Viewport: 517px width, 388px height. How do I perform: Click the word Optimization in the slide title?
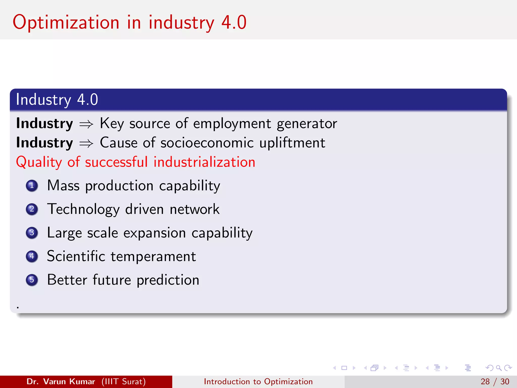(x=66, y=23)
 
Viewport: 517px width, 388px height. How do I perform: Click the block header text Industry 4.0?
(x=57, y=100)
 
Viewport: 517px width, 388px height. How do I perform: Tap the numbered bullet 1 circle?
(x=32, y=186)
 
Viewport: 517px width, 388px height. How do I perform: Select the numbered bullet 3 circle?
(x=32, y=233)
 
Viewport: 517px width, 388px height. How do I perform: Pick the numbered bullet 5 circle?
(x=32, y=280)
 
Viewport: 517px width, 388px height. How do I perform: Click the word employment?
(x=232, y=124)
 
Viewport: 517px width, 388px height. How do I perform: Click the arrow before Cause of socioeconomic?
(x=86, y=143)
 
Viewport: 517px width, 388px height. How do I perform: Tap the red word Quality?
(x=39, y=162)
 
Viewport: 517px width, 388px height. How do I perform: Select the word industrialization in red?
(x=204, y=162)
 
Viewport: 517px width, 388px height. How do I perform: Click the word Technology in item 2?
(x=83, y=209)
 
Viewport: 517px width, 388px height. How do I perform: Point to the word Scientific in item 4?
(x=76, y=256)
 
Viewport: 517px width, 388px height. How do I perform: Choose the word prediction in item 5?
(x=168, y=280)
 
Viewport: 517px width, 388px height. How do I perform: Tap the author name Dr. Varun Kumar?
(x=61, y=381)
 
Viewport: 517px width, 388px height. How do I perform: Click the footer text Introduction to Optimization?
(x=258, y=381)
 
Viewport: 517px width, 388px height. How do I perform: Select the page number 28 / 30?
(x=495, y=381)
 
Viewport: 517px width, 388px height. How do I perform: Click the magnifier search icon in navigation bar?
(x=499, y=368)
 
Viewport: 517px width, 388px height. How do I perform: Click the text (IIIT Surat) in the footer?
(x=123, y=381)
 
